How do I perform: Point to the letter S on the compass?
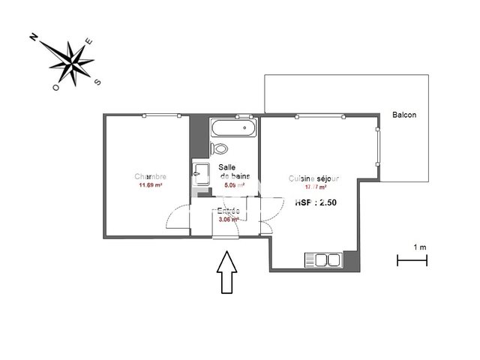[97, 82]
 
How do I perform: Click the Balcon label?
[404, 115]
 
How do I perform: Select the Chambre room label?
[150, 177]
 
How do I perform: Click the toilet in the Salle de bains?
[220, 148]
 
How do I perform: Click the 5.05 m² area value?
[235, 185]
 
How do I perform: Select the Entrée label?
[228, 211]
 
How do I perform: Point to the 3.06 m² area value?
[228, 220]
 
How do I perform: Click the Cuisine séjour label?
[314, 179]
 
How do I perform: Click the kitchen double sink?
[322, 260]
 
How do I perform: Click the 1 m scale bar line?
[412, 260]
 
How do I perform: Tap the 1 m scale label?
[419, 247]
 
